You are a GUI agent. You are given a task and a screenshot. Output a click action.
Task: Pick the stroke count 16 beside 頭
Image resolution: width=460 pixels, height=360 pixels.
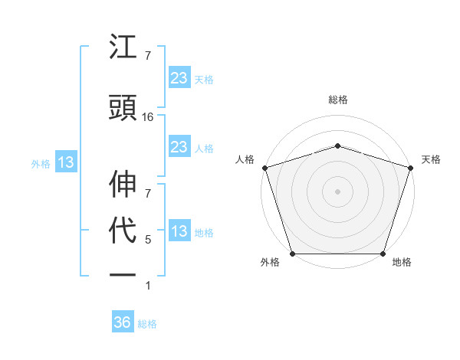[148, 117]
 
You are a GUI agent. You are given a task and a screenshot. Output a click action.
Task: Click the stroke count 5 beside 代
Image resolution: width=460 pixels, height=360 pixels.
[148, 240]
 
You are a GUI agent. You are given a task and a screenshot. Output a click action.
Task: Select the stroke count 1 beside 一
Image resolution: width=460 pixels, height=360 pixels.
[148, 286]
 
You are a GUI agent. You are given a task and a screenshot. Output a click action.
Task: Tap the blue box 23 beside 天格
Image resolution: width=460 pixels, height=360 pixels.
[179, 78]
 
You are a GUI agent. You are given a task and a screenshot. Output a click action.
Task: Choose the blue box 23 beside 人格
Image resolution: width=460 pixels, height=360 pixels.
[179, 147]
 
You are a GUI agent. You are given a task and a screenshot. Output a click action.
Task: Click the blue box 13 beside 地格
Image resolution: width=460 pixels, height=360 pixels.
[179, 231]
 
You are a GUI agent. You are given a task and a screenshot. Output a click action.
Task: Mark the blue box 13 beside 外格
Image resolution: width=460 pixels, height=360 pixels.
[65, 162]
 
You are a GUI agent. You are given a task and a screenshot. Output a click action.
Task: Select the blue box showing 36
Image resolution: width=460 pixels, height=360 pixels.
[122, 322]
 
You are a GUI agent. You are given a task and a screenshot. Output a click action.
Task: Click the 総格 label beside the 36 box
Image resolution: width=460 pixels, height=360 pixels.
[147, 324]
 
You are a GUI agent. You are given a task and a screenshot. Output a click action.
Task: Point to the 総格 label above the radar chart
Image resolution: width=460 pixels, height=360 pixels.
[337, 100]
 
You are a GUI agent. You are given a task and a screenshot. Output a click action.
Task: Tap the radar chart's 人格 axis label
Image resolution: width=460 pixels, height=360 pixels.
[245, 159]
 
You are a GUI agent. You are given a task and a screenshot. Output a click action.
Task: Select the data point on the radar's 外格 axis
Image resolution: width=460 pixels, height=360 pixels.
[293, 254]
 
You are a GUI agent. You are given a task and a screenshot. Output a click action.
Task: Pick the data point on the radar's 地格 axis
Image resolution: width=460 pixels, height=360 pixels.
[383, 254]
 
